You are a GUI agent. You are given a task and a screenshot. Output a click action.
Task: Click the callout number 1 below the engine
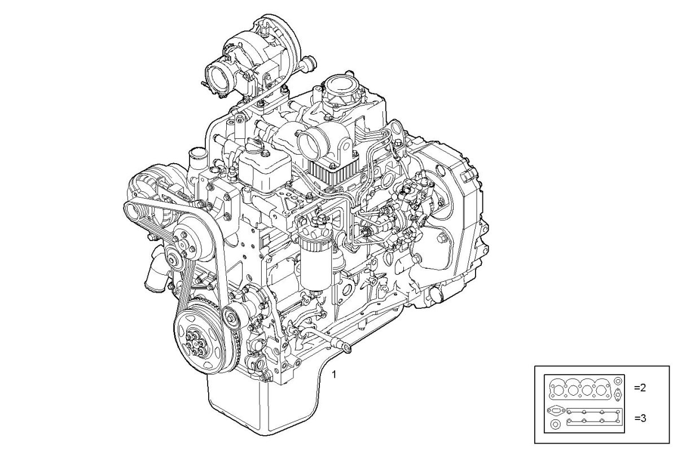(334, 374)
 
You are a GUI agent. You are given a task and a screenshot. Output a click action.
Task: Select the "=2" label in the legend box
(640, 388)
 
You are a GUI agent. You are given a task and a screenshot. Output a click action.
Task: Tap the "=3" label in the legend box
(640, 418)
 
